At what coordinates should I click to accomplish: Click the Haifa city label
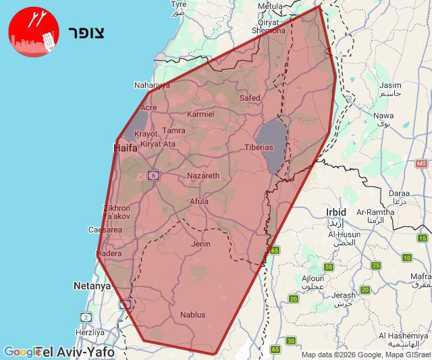coord(126,147)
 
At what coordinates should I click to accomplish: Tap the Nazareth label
coord(203,176)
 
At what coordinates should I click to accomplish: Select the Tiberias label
coord(259,147)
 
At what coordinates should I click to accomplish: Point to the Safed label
coord(250,98)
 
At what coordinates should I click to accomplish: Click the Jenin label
coord(200,244)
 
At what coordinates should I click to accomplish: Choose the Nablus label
coord(192,315)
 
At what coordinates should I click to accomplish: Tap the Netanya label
coord(92,286)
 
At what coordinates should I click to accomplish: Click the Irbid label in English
coord(335,211)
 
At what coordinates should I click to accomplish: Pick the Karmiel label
coord(200,114)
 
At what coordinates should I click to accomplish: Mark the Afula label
coord(199,201)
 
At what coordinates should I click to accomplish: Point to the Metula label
coord(271,6)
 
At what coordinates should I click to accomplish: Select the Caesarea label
coord(105,230)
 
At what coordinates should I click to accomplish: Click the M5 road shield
coord(422,163)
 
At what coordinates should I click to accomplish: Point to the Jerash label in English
coord(343,295)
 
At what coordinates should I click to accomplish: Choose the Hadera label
coord(109,253)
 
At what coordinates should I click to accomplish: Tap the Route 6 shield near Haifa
coord(153,176)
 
